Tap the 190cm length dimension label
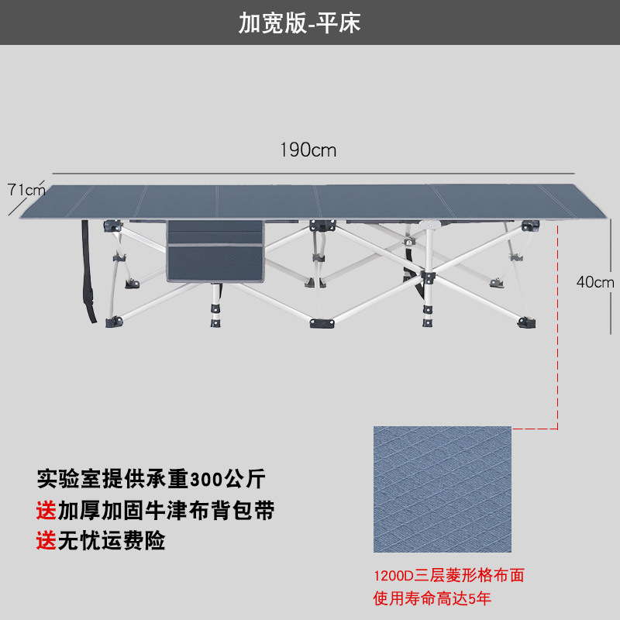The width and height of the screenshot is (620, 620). tap(308, 150)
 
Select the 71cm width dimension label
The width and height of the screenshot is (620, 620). tap(26, 189)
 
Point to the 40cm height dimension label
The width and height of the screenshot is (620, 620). tap(595, 282)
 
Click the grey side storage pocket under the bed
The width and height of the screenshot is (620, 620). tap(218, 250)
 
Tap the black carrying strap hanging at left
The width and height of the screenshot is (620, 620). tap(87, 271)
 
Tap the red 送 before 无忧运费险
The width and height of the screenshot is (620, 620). tap(45, 539)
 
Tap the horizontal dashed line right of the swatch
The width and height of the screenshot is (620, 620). tap(535, 428)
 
